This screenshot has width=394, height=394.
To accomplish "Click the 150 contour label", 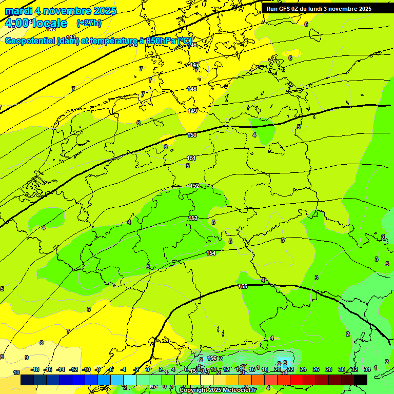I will click(x=192, y=135).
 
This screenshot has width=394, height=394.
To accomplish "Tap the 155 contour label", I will click(x=243, y=286).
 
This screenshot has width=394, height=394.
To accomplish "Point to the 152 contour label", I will click(x=194, y=186).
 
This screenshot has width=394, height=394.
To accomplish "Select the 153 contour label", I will click(x=193, y=218).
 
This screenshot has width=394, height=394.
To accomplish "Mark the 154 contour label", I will click(x=211, y=253).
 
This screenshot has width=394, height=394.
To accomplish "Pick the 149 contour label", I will click(x=192, y=111).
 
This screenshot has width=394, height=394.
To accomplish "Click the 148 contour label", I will click(x=192, y=89).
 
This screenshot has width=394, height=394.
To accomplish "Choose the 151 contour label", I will click(x=191, y=158).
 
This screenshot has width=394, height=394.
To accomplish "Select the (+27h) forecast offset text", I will click(x=89, y=23).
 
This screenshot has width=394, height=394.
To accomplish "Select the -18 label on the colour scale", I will click(x=35, y=369).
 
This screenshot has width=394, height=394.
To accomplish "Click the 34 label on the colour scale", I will click(x=367, y=369).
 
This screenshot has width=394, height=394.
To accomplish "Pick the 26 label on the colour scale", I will click(x=316, y=369).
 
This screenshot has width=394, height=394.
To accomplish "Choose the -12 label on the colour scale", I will click(x=73, y=369).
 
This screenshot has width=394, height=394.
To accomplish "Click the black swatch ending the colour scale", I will click(x=361, y=380).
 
